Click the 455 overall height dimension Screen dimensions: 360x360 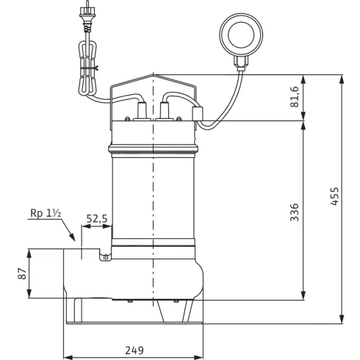click(x=334, y=198)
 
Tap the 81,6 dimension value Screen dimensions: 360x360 click(x=295, y=97)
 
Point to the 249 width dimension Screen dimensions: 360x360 click(x=133, y=350)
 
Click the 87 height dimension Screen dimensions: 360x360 click(x=22, y=273)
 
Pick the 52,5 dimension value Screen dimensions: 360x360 click(x=96, y=218)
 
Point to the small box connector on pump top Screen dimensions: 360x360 click(x=196, y=113)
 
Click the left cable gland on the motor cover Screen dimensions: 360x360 click(x=137, y=114)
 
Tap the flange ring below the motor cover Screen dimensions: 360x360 click(x=152, y=150)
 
